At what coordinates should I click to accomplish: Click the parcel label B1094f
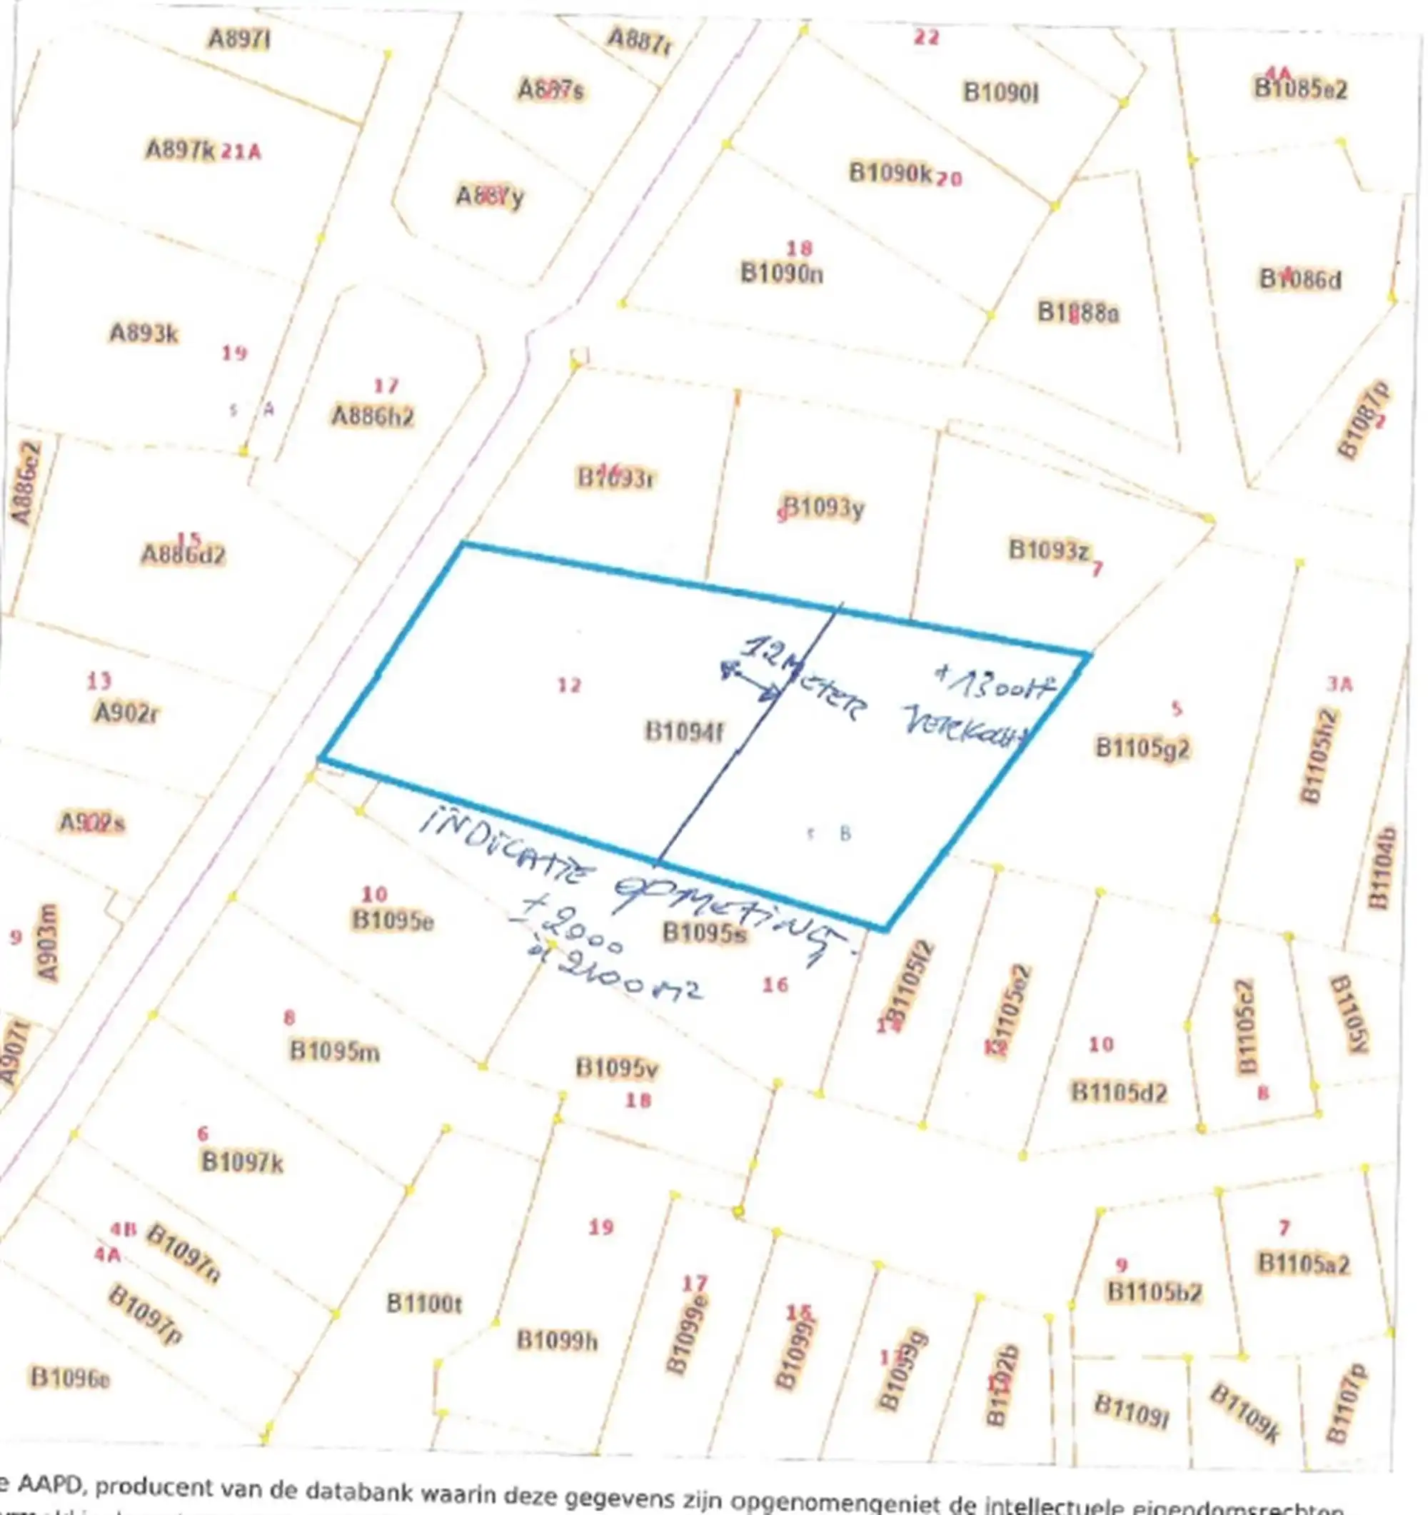pyautogui.click(x=683, y=732)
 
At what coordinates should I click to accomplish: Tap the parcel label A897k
pyautogui.click(x=181, y=150)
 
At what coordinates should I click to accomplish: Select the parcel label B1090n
pyautogui.click(x=782, y=273)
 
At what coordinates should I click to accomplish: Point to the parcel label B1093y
pyautogui.click(x=825, y=508)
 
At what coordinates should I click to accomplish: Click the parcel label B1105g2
pyautogui.click(x=1142, y=748)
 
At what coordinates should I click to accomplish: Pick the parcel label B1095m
pyautogui.click(x=335, y=1052)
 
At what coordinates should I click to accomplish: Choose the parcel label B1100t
pyautogui.click(x=423, y=1303)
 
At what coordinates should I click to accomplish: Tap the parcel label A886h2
pyautogui.click(x=373, y=416)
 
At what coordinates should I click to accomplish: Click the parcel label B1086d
pyautogui.click(x=1300, y=280)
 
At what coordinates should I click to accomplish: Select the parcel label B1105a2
pyautogui.click(x=1304, y=1264)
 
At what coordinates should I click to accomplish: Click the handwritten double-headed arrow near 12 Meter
pyautogui.click(x=750, y=681)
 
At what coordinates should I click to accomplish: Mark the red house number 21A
pyautogui.click(x=241, y=152)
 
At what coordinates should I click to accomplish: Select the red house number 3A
pyautogui.click(x=1339, y=685)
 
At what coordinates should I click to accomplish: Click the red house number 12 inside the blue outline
pyautogui.click(x=569, y=685)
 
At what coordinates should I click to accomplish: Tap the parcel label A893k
pyautogui.click(x=144, y=333)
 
